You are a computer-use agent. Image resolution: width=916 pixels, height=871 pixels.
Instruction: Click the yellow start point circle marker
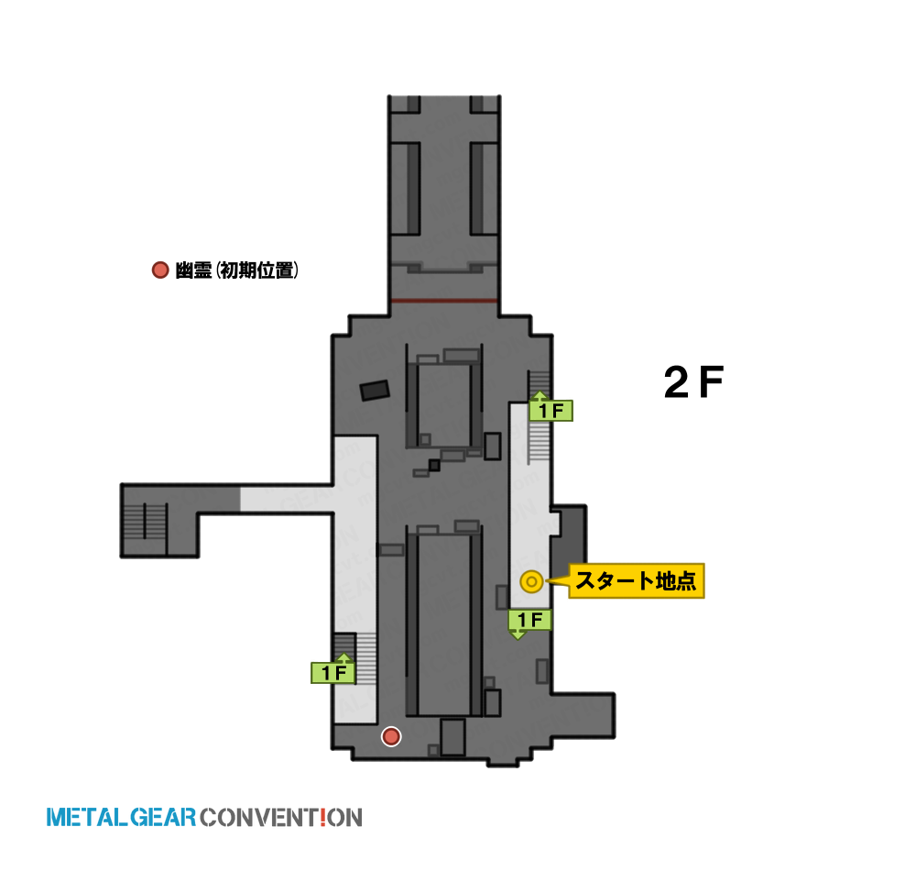pos(531,581)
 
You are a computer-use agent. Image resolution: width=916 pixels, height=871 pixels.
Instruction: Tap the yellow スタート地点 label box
pos(637,581)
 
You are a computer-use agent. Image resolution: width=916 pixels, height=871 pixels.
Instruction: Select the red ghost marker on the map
pos(391,736)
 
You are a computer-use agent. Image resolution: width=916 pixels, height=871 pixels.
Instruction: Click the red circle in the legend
pos(160,270)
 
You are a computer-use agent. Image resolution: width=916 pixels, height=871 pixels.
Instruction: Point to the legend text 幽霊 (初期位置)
pos(236,270)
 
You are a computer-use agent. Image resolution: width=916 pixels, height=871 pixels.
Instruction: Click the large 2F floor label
pos(693,382)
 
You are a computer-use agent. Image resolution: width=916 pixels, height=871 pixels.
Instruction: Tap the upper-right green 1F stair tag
pos(551,410)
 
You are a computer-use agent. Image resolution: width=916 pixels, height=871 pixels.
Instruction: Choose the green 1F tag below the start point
pos(529,620)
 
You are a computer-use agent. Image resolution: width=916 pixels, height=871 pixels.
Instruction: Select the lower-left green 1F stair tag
pos(333,673)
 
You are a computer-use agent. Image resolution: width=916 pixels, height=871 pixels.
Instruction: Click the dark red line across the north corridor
pos(444,301)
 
